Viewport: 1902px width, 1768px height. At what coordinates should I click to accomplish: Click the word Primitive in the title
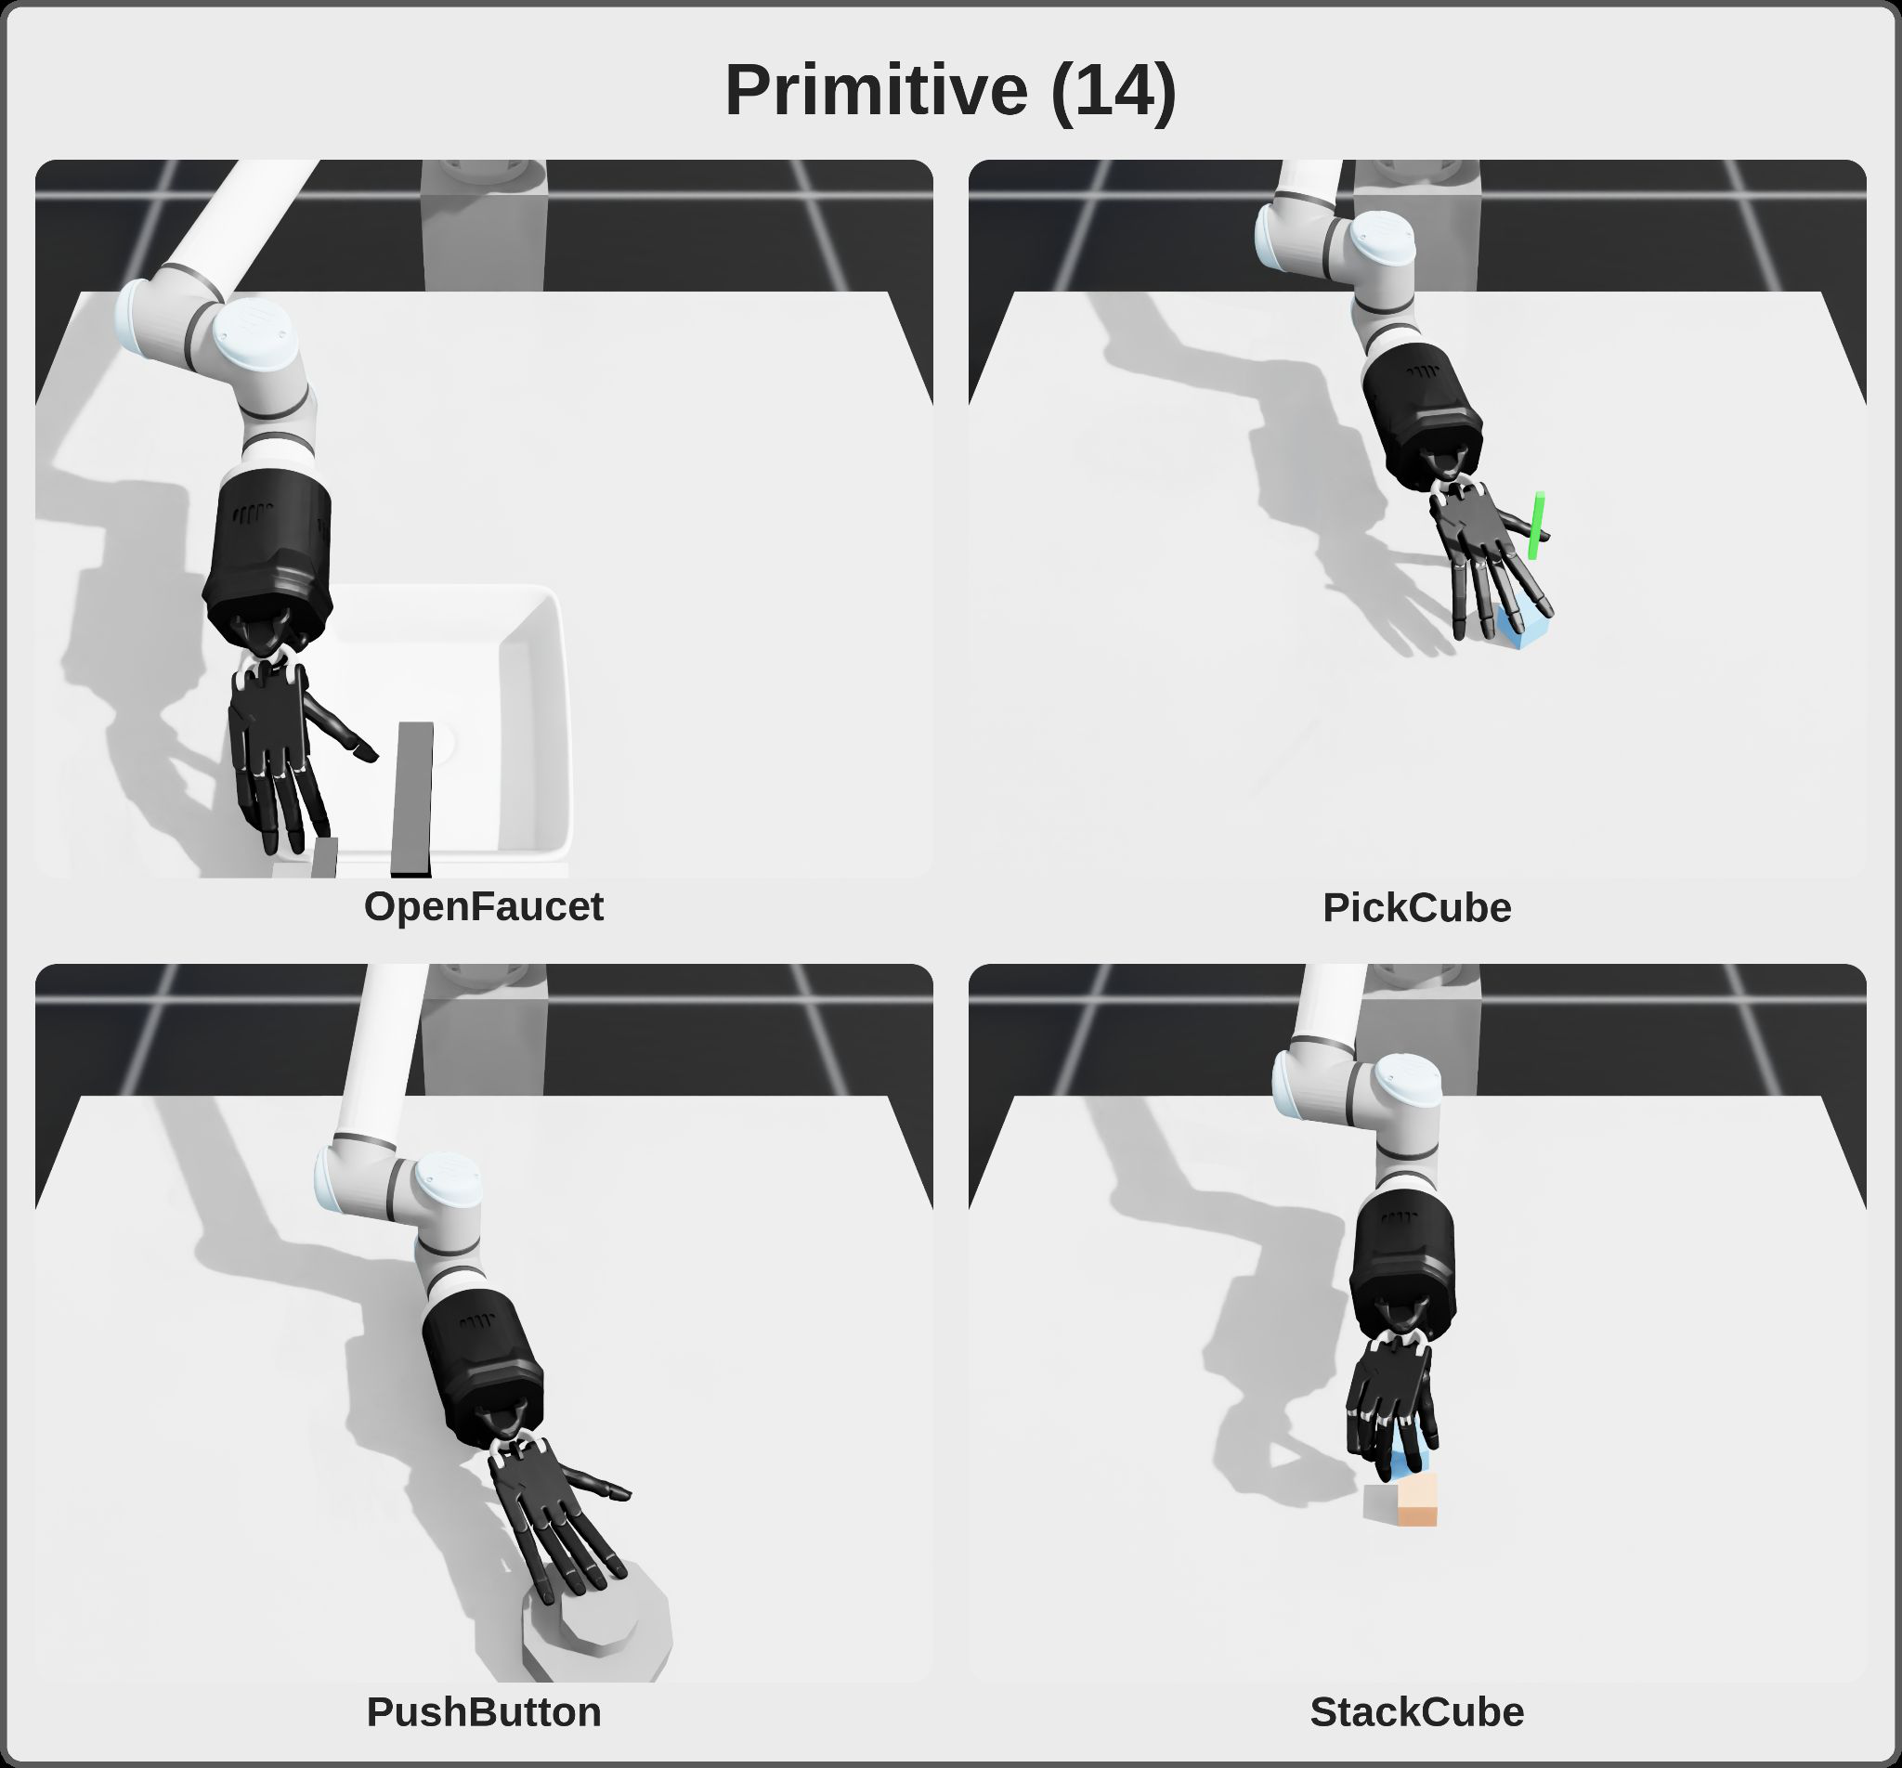876,91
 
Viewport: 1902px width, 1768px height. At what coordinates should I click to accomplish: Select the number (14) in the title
1113,92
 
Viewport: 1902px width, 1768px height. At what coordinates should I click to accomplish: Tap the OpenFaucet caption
483,907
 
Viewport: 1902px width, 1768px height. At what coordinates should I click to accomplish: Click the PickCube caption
1417,908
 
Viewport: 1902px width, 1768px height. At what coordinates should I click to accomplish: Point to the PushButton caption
483,1712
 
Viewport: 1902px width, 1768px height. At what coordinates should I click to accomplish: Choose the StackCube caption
1417,1712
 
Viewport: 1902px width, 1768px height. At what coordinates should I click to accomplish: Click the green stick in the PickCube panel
1536,526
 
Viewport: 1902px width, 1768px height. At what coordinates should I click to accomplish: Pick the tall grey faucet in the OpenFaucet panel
413,799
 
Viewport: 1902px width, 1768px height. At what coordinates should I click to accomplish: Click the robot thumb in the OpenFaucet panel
340,729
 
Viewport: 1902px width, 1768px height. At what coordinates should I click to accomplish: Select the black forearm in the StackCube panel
1403,1263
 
